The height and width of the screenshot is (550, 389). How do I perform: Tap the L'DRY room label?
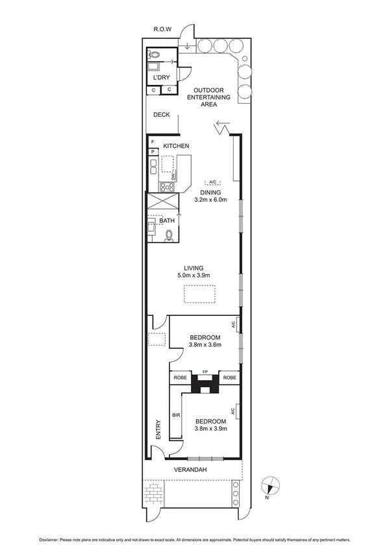tap(161, 78)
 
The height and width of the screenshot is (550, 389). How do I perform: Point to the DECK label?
tap(161, 115)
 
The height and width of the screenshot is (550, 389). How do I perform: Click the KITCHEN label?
tap(175, 146)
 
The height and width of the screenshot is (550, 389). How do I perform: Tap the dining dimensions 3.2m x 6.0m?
tap(210, 200)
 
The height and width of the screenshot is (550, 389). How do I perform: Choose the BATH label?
tap(167, 221)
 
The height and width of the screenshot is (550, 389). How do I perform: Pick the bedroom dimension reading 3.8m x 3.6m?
tap(205, 344)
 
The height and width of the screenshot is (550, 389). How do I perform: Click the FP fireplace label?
tap(205, 372)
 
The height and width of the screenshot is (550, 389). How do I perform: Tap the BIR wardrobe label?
tap(175, 414)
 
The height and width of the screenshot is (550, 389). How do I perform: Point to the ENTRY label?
tap(158, 429)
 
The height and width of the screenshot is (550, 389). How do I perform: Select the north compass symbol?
tap(272, 485)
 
